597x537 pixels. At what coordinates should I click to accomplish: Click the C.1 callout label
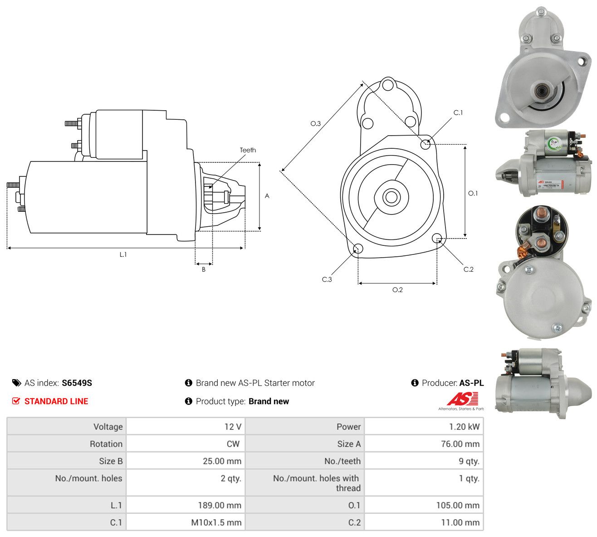click(458, 113)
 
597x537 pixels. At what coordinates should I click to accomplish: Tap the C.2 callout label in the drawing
click(469, 269)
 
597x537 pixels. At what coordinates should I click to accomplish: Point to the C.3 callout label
click(327, 279)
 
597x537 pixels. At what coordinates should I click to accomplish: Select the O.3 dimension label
click(315, 123)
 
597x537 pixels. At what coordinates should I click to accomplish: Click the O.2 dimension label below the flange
click(397, 290)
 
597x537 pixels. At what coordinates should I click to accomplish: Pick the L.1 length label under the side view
click(123, 254)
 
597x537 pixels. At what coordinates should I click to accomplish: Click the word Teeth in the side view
click(248, 150)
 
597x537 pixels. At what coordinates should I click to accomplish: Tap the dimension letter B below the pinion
click(204, 269)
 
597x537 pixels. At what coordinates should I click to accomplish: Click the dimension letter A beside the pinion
click(267, 196)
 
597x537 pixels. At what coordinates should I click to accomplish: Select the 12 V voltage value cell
click(233, 427)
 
